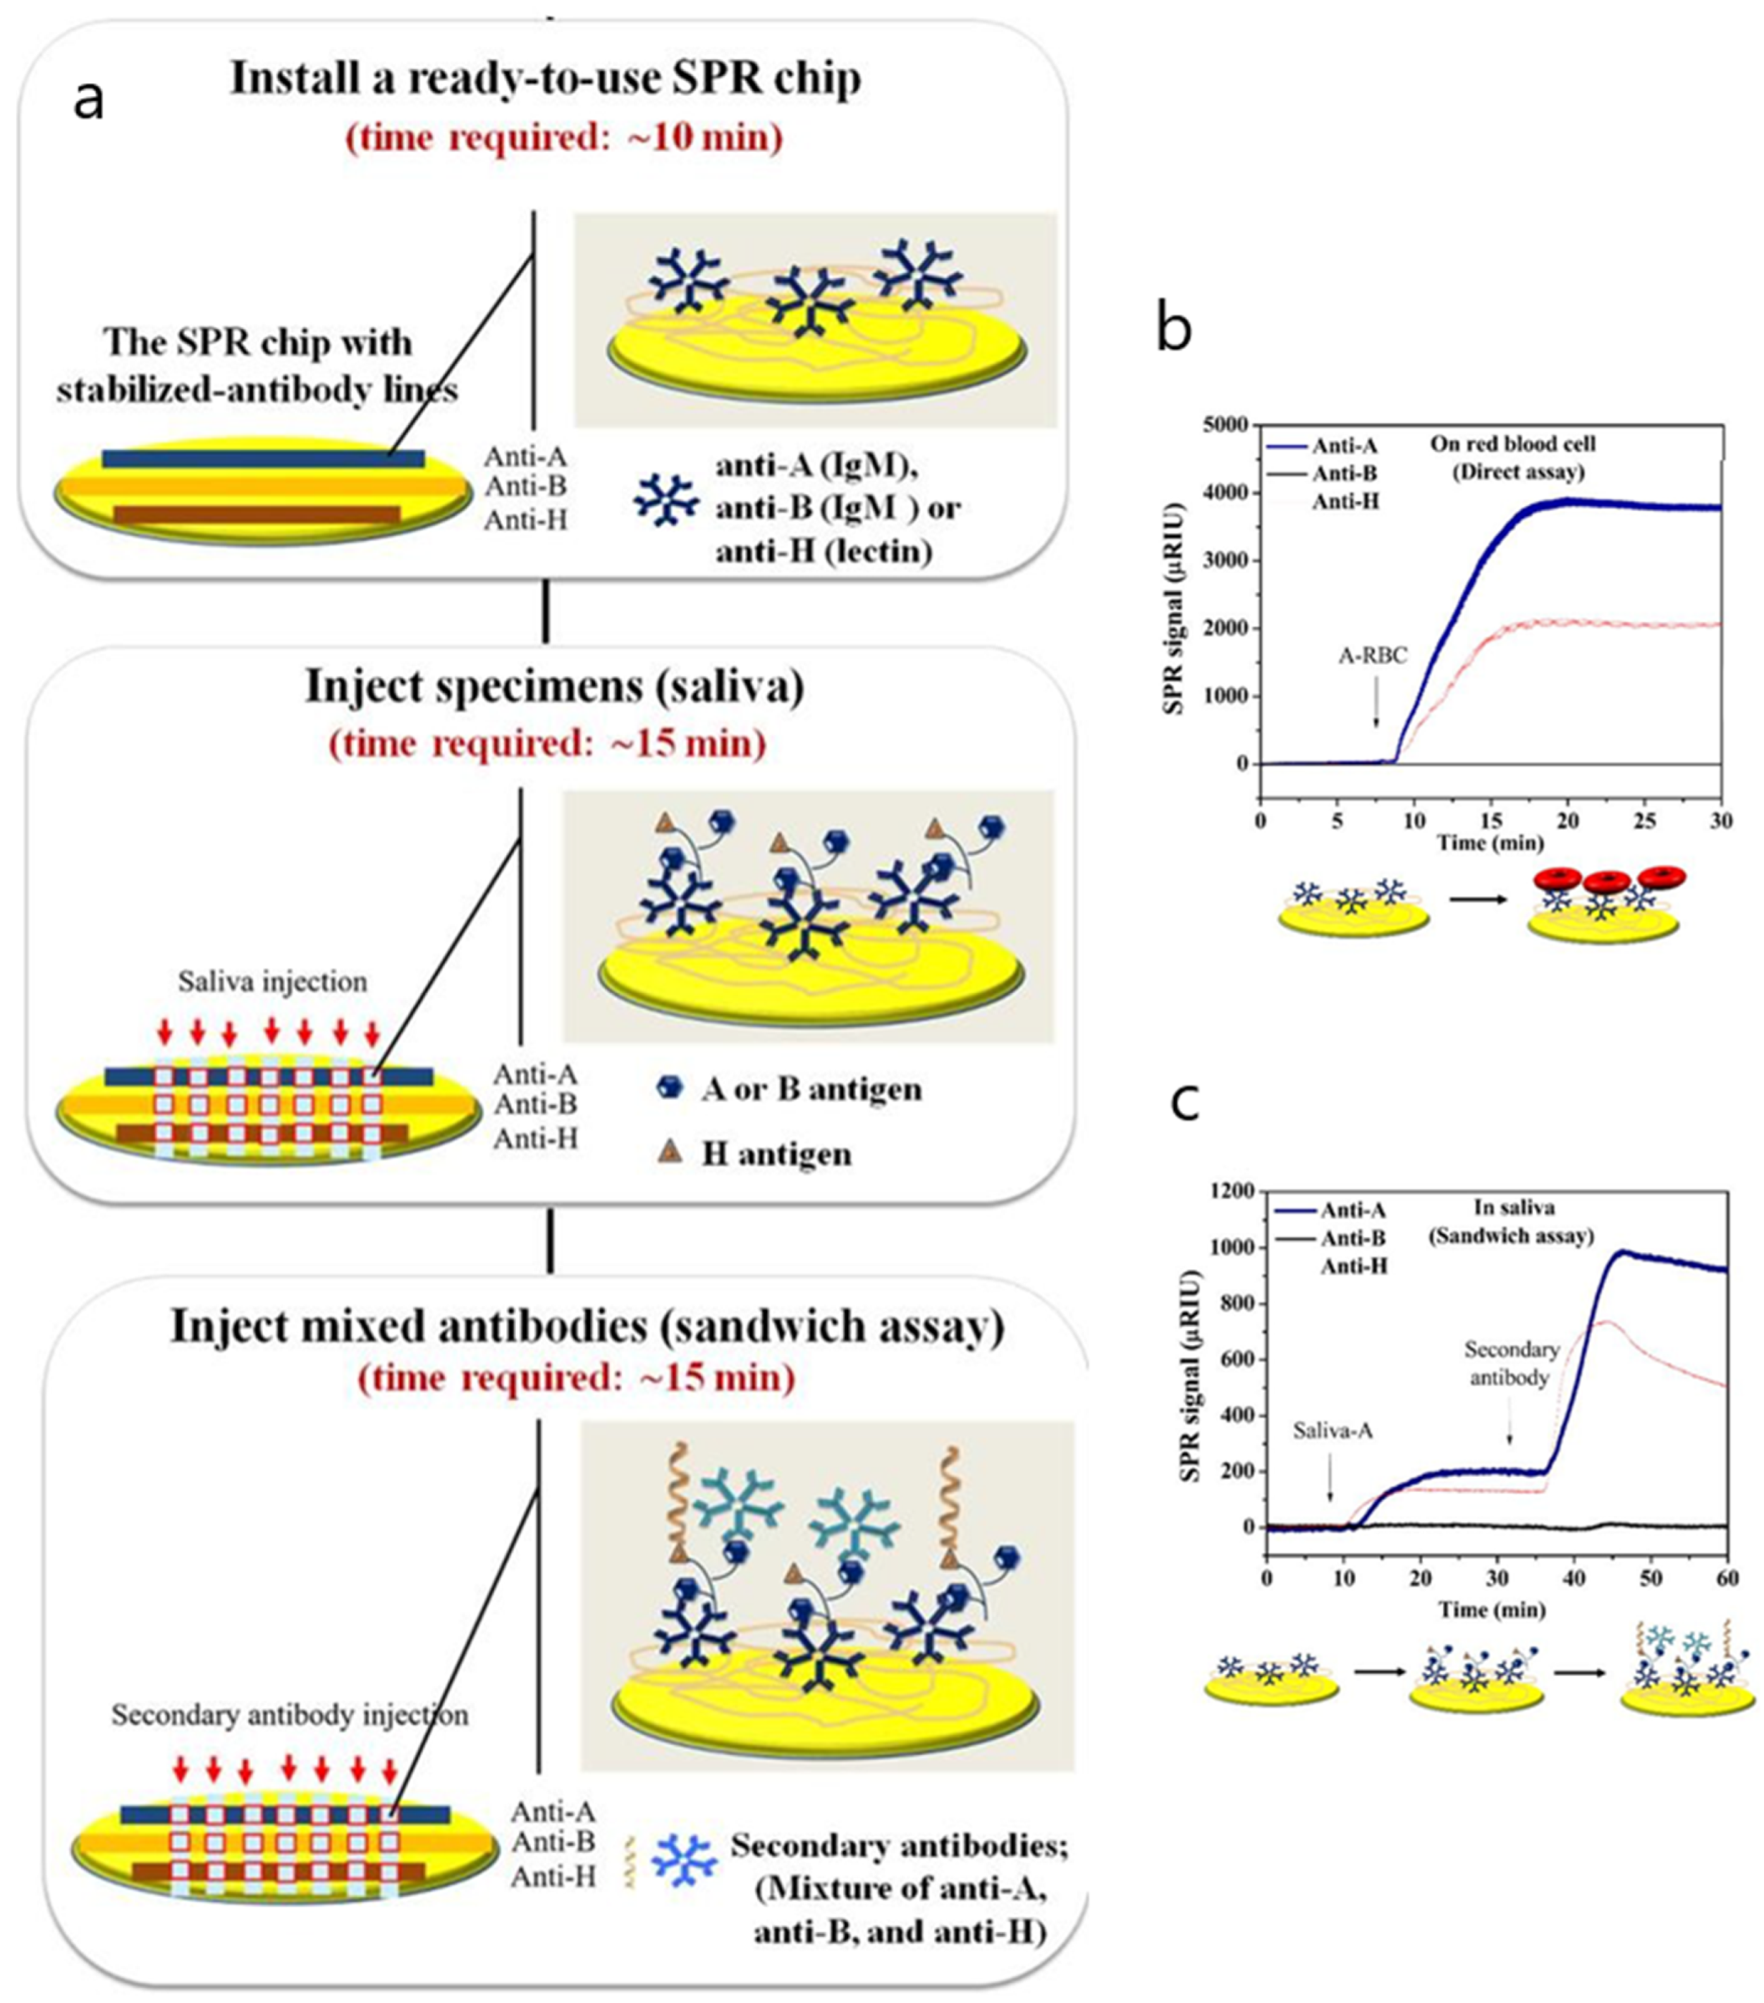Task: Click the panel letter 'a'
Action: pos(89,100)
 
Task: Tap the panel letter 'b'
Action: pos(1174,328)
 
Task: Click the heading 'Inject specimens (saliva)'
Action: pos(554,686)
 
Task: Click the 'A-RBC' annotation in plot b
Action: pos(1373,656)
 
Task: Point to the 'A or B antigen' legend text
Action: pos(811,1089)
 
